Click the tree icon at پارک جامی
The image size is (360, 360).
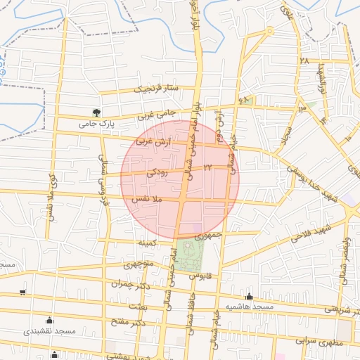96,112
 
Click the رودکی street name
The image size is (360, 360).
157,171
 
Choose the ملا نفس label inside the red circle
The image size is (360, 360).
153,200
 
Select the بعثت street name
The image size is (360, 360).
138,307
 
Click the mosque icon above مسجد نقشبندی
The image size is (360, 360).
49,320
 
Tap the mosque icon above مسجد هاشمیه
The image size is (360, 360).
249,296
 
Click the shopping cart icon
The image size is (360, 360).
23,292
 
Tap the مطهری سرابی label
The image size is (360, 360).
319,342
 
